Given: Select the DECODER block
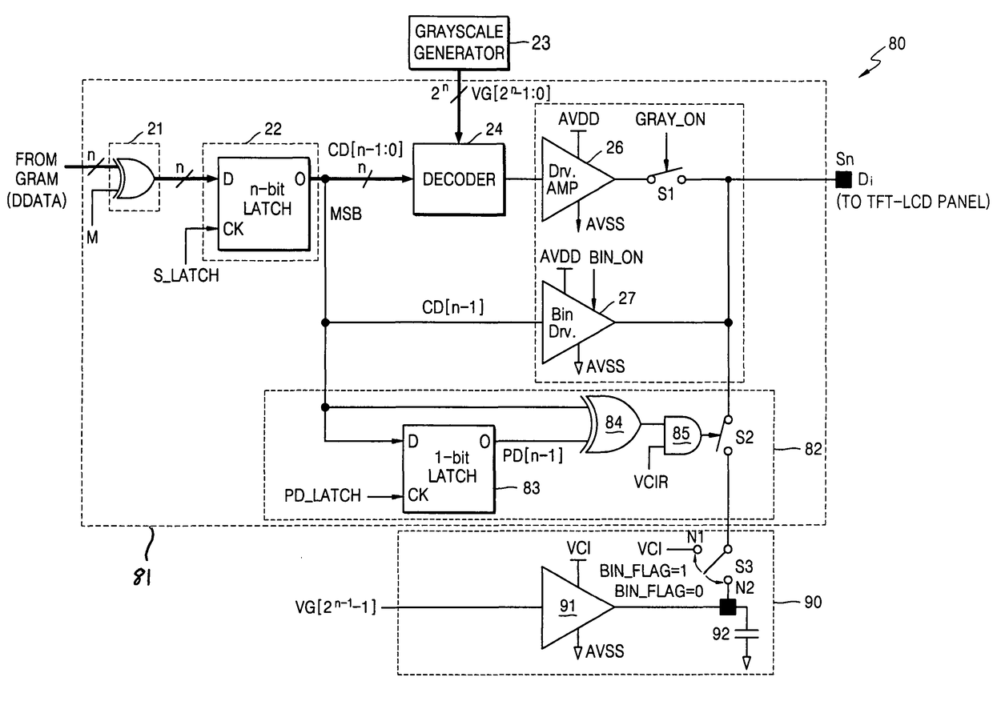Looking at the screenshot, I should (x=459, y=180).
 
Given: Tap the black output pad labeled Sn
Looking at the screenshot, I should (x=842, y=179).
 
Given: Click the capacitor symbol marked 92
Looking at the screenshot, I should (x=747, y=636).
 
